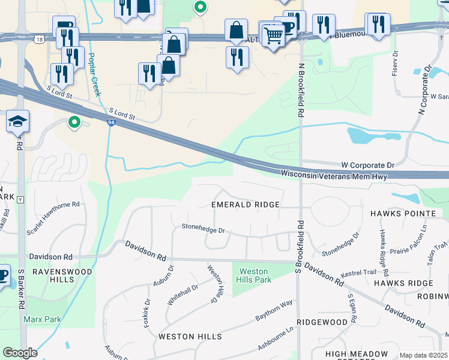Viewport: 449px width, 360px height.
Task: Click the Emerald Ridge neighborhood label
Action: pos(246,205)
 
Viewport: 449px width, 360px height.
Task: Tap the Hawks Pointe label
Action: pos(402,214)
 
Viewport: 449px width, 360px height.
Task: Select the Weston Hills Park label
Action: pos(255,276)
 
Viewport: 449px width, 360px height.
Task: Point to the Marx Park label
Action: pos(42,319)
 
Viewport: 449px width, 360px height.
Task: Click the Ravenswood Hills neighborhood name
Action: pos(62,276)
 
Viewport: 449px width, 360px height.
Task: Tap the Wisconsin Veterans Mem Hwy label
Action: pos(333,175)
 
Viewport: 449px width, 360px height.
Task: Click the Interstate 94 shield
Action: pos(112,123)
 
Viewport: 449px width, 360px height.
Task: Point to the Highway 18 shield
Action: pos(39,39)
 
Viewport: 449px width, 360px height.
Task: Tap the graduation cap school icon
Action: pos(17,122)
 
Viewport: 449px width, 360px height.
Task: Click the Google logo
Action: pos(20,353)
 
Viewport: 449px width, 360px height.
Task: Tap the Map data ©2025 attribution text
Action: pos(423,355)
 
